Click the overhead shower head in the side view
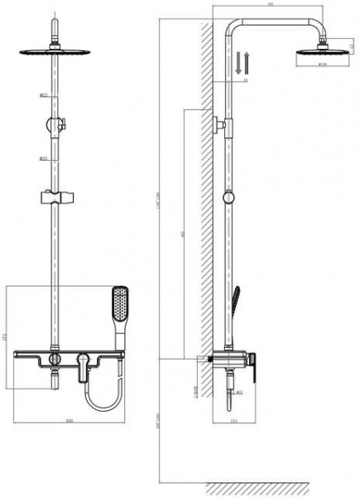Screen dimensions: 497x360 tap(311, 56)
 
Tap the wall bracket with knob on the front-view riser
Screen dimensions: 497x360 tap(55, 125)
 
